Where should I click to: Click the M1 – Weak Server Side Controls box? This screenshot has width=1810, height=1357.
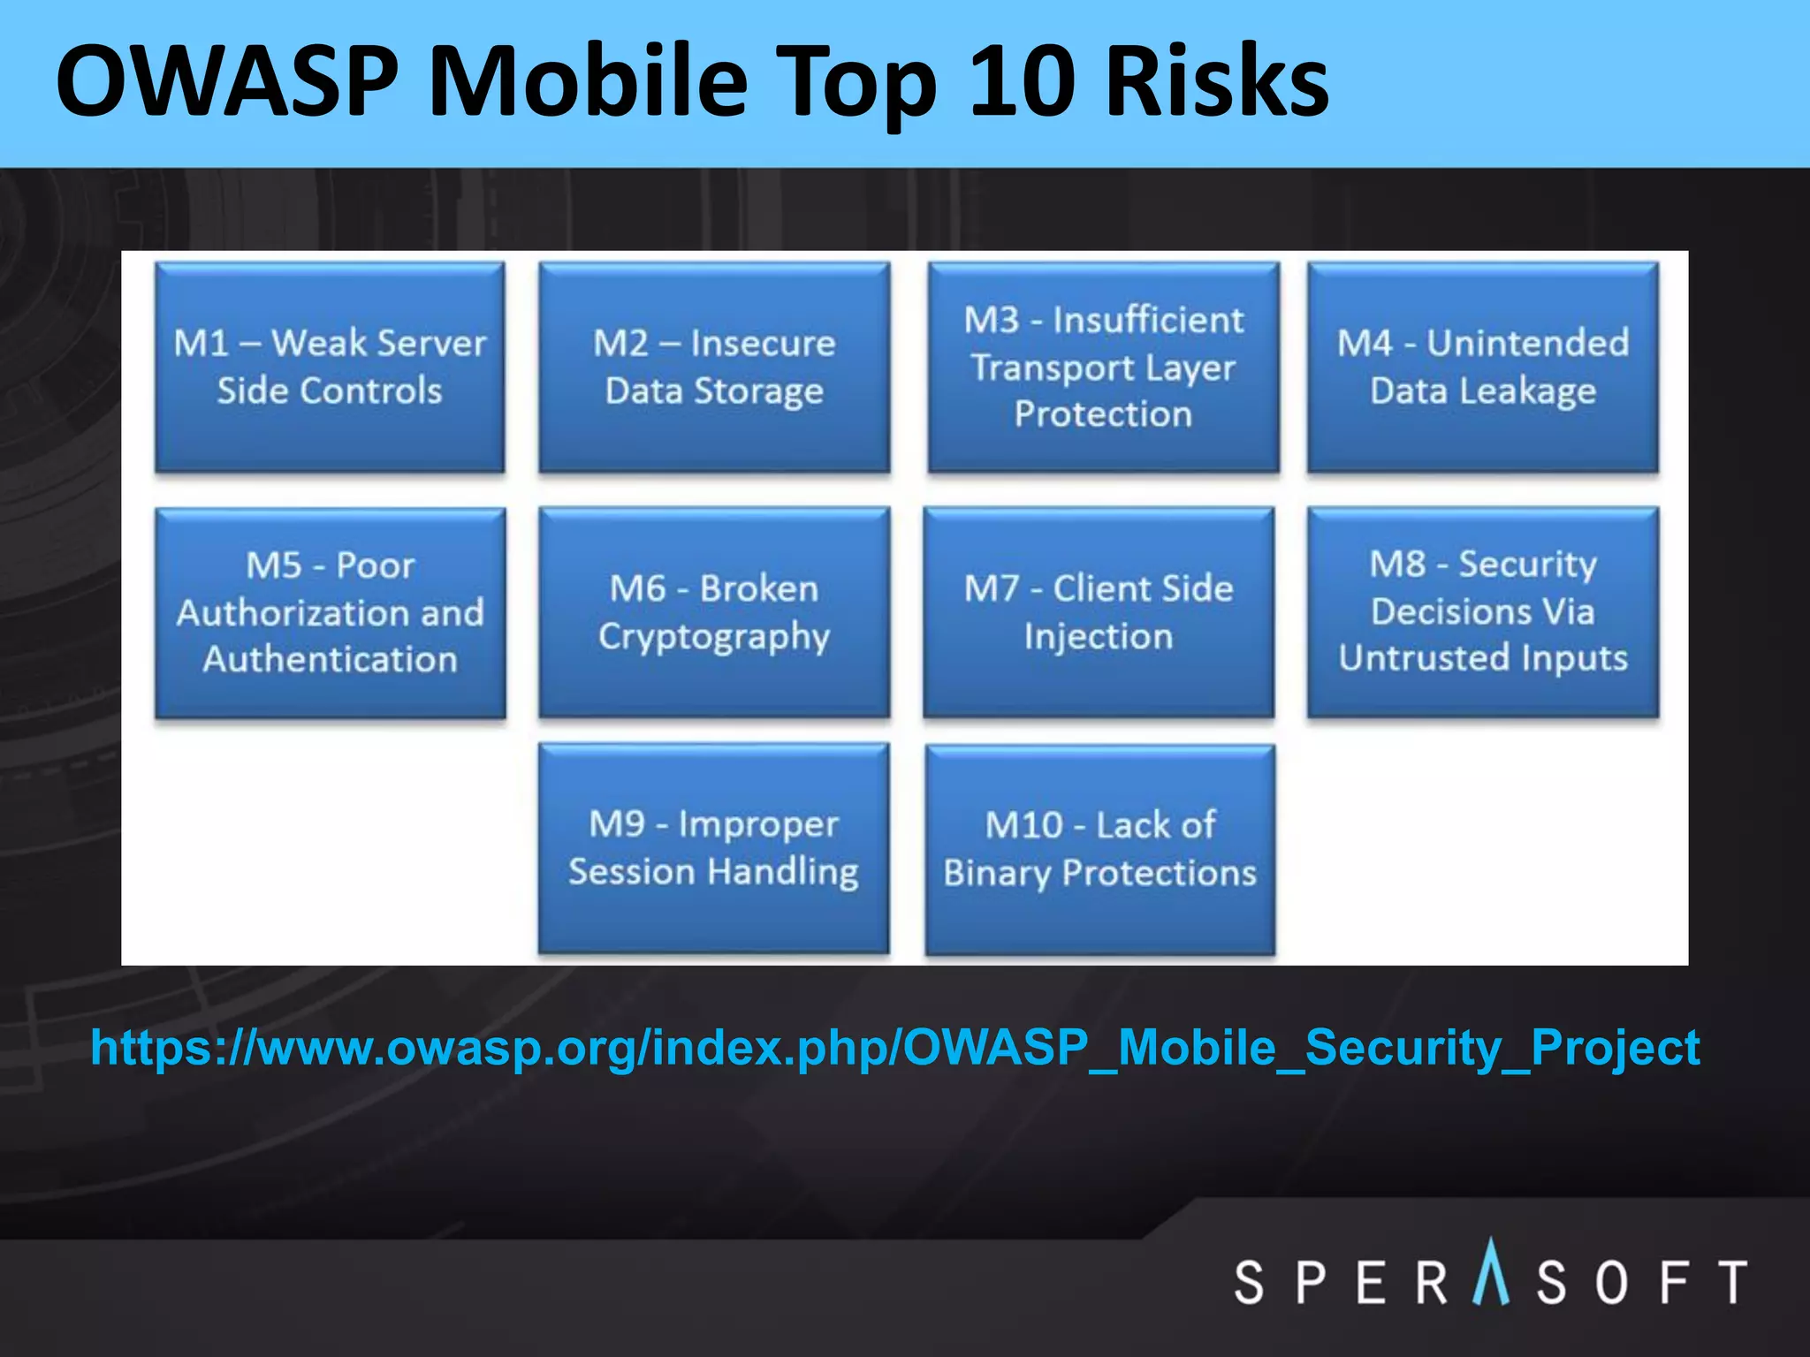(x=330, y=367)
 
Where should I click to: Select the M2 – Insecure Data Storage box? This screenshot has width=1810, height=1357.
(x=714, y=367)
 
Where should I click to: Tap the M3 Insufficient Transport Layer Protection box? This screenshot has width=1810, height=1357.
(x=1103, y=367)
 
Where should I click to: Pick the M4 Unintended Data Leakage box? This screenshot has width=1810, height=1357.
(x=1483, y=367)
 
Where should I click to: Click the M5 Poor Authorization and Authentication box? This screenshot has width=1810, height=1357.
(x=330, y=612)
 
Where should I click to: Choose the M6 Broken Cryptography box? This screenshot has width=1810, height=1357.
(x=714, y=612)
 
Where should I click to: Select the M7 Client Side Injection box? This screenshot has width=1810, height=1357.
(x=1099, y=612)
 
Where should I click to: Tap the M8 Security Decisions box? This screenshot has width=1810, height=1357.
(x=1483, y=612)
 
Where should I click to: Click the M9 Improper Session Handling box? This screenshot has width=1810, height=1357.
(x=714, y=848)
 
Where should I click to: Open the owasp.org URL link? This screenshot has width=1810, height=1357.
(x=894, y=1049)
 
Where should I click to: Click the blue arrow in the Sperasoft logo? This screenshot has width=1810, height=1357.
(x=1491, y=1272)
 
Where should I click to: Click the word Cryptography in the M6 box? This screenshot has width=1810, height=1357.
(x=714, y=637)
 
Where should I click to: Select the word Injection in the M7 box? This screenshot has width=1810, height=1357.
(x=1099, y=637)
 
